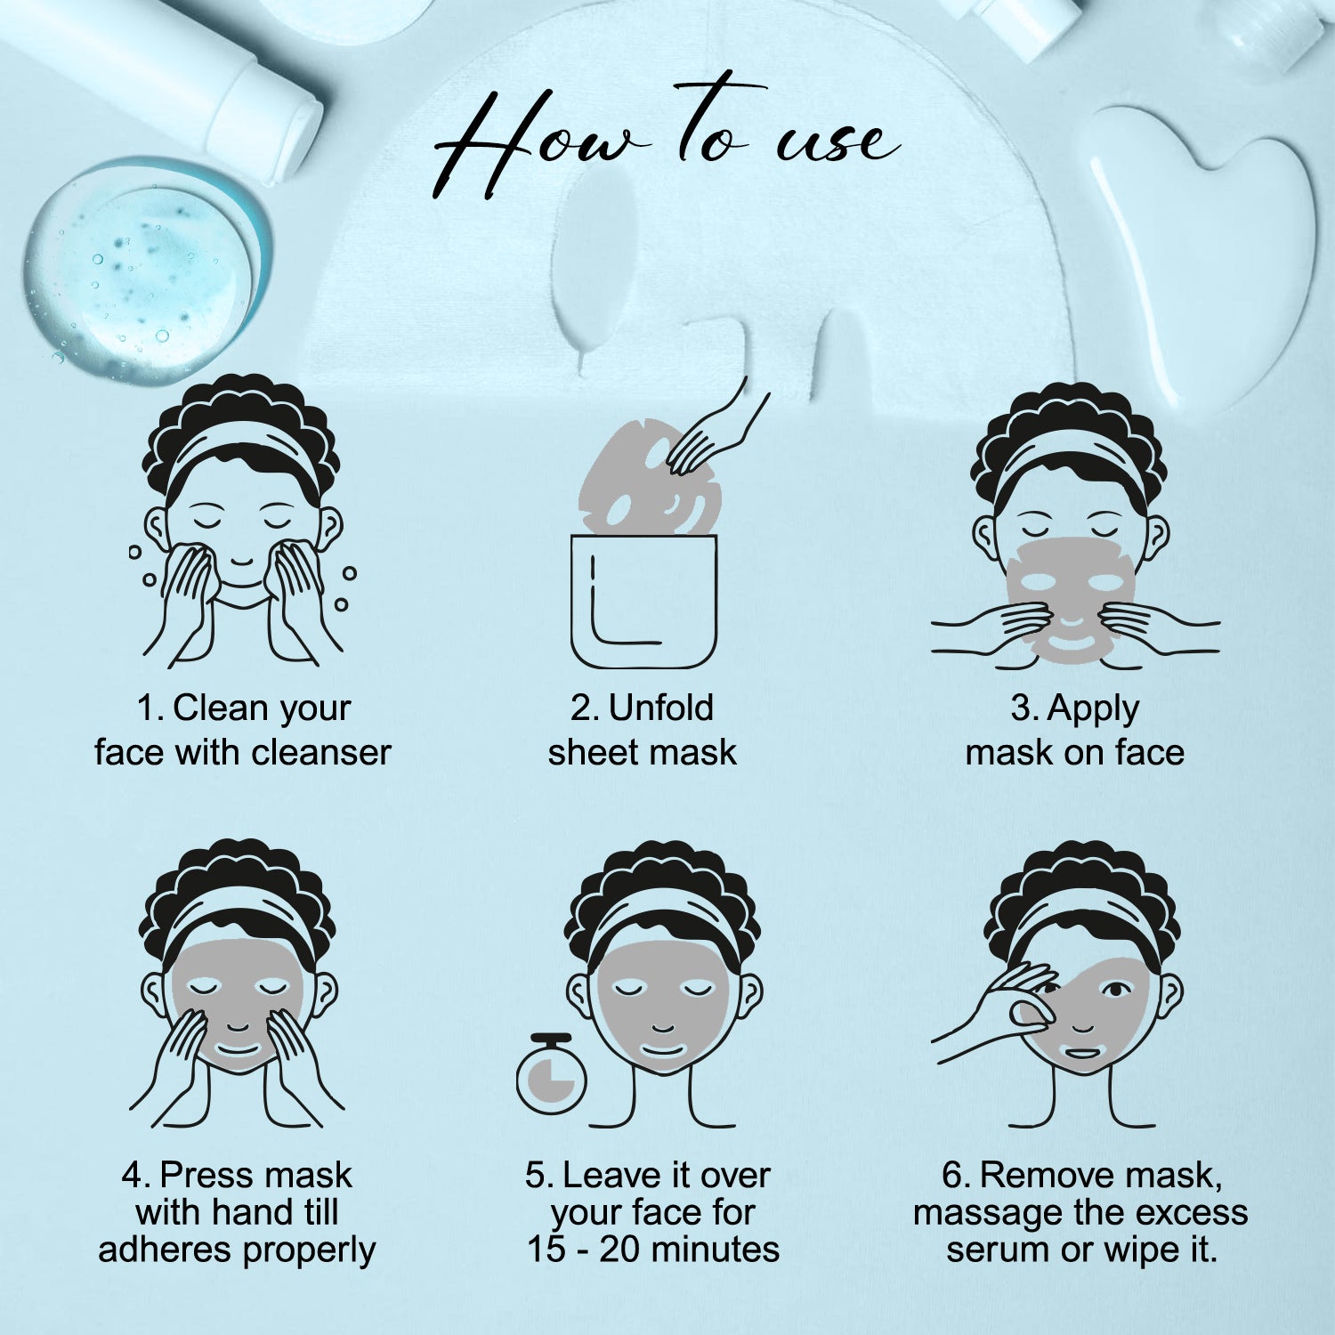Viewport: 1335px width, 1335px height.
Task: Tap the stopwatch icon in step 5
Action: click(552, 1073)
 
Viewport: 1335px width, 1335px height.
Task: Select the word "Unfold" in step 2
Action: click(661, 708)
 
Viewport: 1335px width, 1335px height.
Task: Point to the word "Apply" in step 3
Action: click(1094, 710)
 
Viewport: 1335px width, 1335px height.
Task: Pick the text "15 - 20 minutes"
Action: click(653, 1250)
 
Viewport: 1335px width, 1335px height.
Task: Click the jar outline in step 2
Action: click(643, 602)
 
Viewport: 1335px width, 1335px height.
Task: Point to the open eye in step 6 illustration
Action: click(1114, 989)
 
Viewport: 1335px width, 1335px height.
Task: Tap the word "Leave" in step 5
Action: click(607, 1176)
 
